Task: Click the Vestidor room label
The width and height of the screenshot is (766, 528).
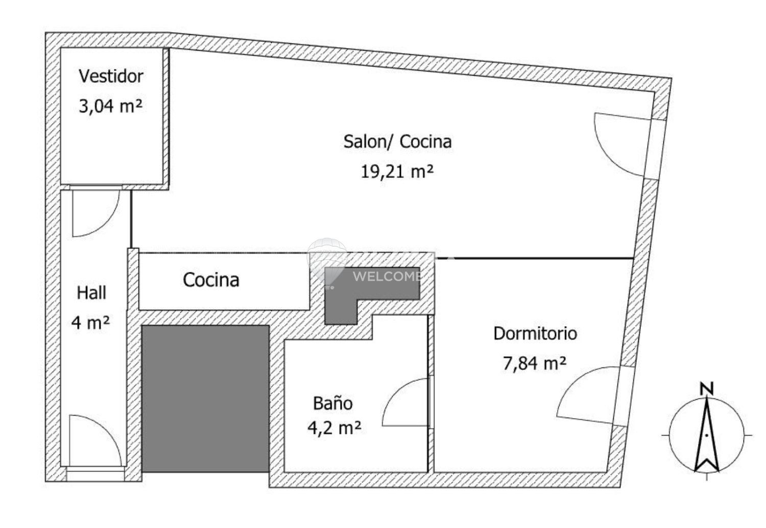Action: [111, 76]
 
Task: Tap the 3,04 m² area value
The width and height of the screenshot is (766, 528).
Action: [110, 106]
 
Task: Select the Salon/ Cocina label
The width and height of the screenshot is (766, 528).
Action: [397, 142]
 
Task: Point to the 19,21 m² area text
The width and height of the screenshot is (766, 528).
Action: [397, 171]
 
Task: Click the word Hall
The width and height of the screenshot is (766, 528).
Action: [91, 293]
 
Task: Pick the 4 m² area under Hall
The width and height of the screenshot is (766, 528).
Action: [90, 323]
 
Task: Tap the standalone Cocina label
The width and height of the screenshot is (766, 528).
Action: [211, 280]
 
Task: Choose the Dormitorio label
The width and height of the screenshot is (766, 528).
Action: [535, 333]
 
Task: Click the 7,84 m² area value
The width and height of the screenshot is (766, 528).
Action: [535, 363]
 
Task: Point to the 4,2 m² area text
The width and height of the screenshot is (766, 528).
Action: [334, 427]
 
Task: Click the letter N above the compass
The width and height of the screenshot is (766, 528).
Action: [706, 389]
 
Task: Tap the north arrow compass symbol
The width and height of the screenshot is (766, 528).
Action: [706, 435]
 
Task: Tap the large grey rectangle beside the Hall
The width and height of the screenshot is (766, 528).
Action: [205, 399]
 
